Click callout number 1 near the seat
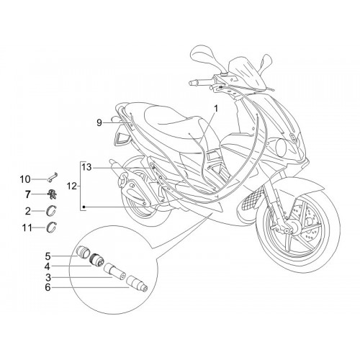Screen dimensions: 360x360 coord(216,109)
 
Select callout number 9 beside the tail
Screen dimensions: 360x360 coord(99,123)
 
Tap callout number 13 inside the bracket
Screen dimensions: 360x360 coord(86,167)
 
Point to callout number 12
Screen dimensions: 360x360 coord(72,186)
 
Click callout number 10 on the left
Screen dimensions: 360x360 coord(25,179)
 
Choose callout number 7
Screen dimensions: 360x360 coord(28,194)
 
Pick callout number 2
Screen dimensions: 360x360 coord(28,211)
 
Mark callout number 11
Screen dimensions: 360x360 coord(27,228)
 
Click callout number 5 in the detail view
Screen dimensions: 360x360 coord(48,256)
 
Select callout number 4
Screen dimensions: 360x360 coord(48,266)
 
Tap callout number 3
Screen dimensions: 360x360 coord(48,278)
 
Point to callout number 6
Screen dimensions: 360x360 coord(48,287)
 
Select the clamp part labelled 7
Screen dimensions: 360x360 coord(52,194)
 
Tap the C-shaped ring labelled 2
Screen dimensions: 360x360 coord(51,210)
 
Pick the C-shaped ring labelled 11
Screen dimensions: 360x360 coord(51,227)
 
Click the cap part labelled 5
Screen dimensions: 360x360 coord(83,251)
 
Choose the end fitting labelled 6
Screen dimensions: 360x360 coord(137,284)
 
